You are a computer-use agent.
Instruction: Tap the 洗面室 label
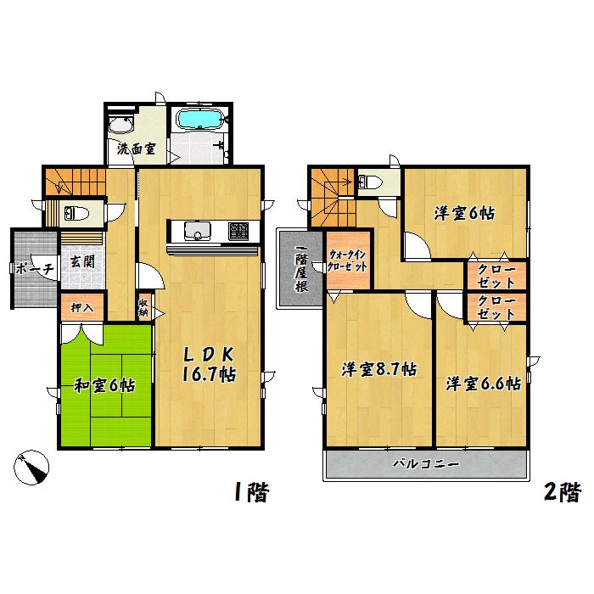pyautogui.click(x=136, y=149)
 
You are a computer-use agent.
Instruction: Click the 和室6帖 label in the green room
pyautogui.click(x=103, y=385)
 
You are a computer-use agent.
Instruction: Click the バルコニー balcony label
pyautogui.click(x=426, y=465)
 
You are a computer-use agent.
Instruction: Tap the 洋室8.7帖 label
pyautogui.click(x=378, y=370)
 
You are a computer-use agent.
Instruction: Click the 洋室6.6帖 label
pyautogui.click(x=483, y=382)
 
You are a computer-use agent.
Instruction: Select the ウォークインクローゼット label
pyautogui.click(x=348, y=258)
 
